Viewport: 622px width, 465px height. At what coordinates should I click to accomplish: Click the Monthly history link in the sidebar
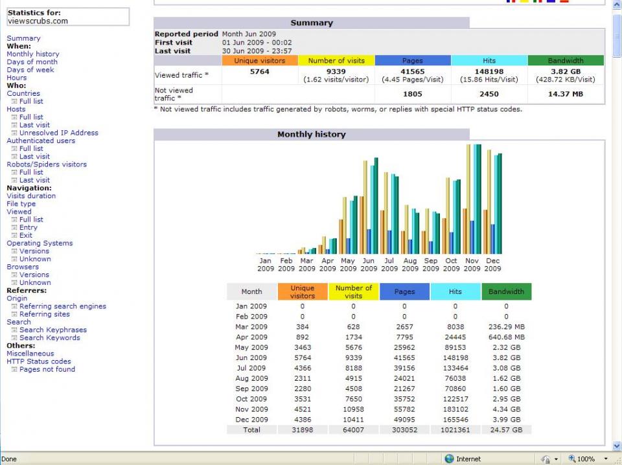[33, 54]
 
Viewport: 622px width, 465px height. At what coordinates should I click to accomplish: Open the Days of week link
[30, 70]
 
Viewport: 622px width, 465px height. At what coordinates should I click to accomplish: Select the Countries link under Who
[23, 93]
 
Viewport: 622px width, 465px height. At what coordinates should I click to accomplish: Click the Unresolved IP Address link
[59, 133]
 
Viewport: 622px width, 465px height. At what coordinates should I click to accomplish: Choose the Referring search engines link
[63, 306]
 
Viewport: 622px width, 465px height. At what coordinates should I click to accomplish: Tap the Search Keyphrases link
[53, 330]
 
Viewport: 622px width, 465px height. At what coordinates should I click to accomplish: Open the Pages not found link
[47, 369]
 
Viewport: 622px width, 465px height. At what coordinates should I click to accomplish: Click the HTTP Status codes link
[39, 361]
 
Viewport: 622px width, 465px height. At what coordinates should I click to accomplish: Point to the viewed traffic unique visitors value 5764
[259, 72]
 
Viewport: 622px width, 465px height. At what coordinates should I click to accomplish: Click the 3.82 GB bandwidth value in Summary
[566, 72]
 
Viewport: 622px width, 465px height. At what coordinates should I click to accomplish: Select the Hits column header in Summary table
[489, 61]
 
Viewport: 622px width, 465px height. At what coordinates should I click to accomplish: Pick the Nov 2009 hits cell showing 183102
[455, 409]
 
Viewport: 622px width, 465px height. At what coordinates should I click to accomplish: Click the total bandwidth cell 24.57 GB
[506, 430]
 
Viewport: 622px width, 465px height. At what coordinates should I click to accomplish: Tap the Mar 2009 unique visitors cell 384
[303, 327]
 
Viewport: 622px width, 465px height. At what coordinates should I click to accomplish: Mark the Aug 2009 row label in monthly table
[251, 379]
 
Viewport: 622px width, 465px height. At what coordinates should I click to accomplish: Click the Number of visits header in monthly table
[354, 292]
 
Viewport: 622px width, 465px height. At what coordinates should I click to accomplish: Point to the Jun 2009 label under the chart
[369, 265]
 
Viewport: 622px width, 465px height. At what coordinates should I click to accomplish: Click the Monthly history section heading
[312, 135]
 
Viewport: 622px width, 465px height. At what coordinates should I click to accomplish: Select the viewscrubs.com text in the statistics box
[38, 21]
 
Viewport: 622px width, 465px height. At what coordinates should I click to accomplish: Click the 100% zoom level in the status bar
[586, 459]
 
